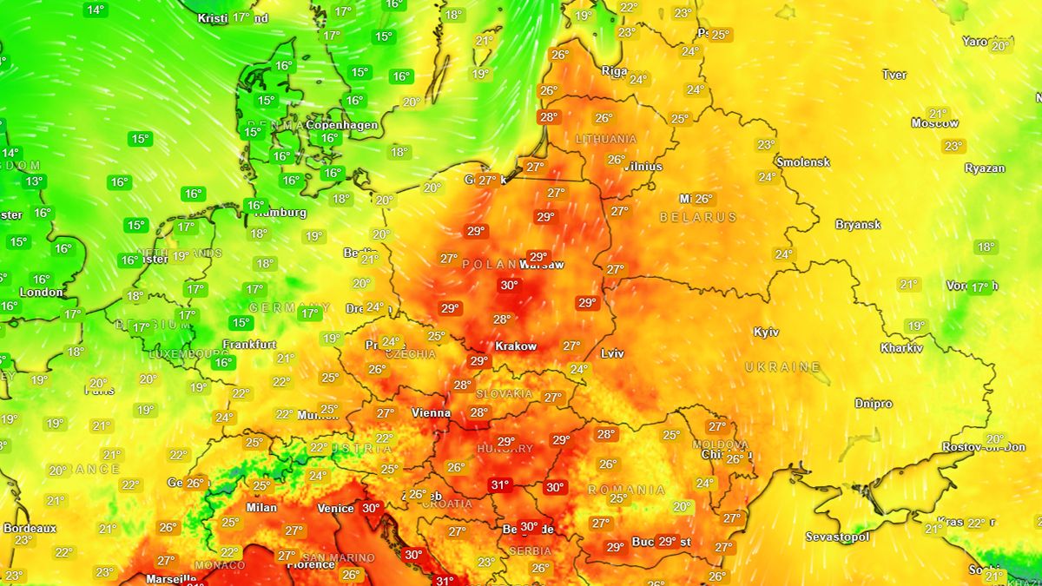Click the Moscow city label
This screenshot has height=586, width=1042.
point(934,123)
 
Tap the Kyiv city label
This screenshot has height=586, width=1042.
point(766,333)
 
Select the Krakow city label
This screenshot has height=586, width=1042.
point(516,346)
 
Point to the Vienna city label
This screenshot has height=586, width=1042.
point(431,413)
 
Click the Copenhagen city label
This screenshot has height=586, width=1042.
point(342,125)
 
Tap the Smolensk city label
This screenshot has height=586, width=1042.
point(803,162)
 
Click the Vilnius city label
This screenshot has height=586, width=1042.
point(643,167)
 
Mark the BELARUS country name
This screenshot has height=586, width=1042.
point(698,217)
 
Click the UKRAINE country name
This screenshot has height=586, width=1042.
point(782,368)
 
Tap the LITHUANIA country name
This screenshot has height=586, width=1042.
point(606,139)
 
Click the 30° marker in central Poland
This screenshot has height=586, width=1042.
point(509,285)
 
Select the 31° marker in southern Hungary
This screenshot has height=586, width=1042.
point(499,485)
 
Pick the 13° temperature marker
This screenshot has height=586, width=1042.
point(34,181)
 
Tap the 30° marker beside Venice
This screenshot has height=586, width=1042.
point(371,509)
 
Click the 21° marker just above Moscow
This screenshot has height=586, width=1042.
point(938,113)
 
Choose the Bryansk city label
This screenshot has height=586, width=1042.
point(858,225)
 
